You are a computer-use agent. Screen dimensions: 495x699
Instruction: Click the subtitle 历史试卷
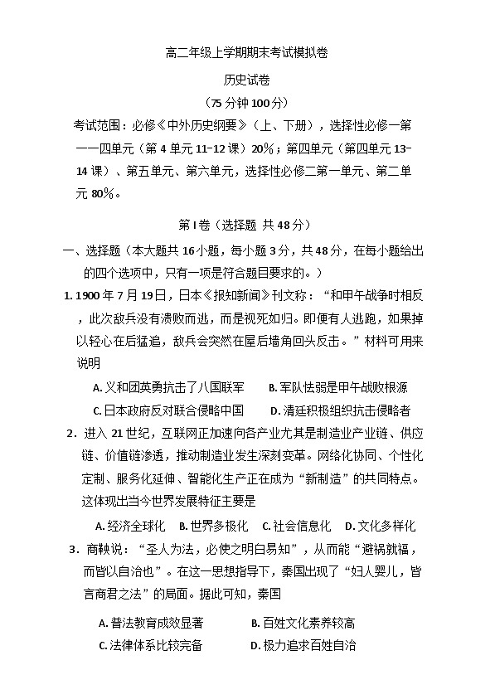tap(246, 80)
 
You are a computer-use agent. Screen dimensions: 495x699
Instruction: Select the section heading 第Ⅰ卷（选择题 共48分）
tap(246, 225)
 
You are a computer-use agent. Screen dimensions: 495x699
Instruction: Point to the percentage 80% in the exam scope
tap(104, 193)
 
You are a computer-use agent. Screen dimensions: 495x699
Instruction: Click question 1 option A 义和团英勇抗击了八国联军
tap(169, 387)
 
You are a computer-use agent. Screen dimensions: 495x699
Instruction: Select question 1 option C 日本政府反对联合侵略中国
tap(168, 410)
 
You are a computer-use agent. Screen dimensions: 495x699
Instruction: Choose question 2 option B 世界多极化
tap(213, 526)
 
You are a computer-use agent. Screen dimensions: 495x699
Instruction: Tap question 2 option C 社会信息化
tap(296, 526)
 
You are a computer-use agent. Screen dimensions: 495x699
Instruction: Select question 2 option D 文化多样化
tap(380, 526)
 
